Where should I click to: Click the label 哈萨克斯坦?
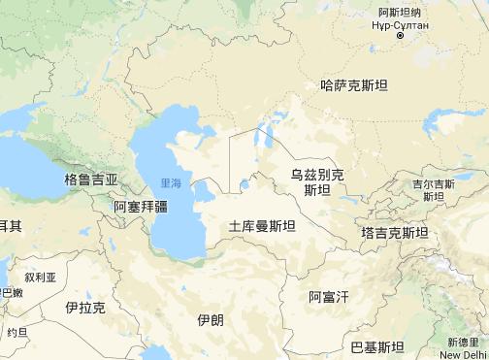pyautogui.click(x=354, y=85)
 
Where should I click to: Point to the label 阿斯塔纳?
pyautogui.click(x=401, y=9)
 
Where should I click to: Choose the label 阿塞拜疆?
pyautogui.click(x=141, y=207)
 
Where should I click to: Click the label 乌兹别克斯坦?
pyautogui.click(x=317, y=181)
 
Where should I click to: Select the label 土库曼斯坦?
pyautogui.click(x=263, y=226)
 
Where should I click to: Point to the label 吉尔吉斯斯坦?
pyautogui.click(x=432, y=189)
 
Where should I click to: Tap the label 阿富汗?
pyautogui.click(x=328, y=295)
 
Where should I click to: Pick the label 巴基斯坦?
pyautogui.click(x=376, y=345)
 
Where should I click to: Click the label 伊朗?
pyautogui.click(x=209, y=320)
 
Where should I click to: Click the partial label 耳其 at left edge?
pyautogui.click(x=10, y=225)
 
